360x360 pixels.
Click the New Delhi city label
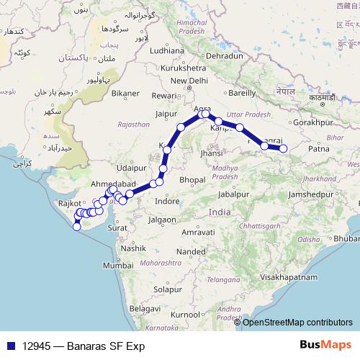[189, 81]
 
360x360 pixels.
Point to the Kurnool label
[184, 315]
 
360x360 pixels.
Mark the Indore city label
[168, 201]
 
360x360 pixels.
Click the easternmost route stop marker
[283, 148]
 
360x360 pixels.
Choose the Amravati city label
[198, 233]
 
